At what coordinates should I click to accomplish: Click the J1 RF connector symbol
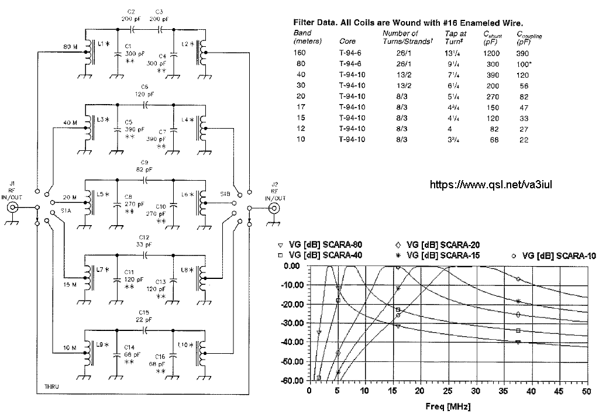point(13,208)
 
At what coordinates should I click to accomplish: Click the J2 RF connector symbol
point(274,208)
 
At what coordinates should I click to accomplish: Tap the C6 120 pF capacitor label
point(144,91)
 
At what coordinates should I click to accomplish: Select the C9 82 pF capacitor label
point(144,165)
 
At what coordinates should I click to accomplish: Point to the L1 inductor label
point(104,44)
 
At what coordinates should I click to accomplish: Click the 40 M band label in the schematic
point(70,123)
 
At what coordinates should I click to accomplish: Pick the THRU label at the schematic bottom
point(51,387)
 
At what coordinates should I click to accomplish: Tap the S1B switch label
point(225,194)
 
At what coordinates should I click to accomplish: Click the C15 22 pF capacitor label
point(144,316)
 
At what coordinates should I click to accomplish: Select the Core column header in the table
point(347,42)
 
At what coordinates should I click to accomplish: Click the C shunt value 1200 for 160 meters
point(491,53)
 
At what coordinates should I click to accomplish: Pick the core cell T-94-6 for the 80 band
point(350,64)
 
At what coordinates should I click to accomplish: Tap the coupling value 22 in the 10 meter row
point(524,140)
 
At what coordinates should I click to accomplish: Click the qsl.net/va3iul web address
point(491,185)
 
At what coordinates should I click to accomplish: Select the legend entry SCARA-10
point(553,256)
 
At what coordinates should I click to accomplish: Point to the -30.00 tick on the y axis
point(292,323)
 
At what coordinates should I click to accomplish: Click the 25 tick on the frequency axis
point(448,391)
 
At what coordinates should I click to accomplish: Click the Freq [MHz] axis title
point(448,406)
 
